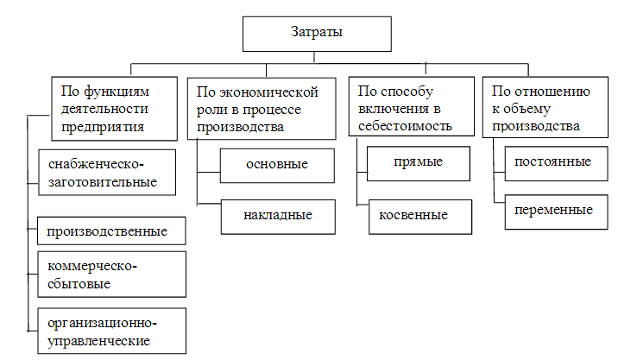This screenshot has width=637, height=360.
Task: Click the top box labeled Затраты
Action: (x=317, y=34)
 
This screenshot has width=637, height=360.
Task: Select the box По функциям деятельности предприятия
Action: (x=115, y=109)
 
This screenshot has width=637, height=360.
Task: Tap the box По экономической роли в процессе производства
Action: (x=262, y=109)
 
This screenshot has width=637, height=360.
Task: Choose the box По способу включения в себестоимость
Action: (x=412, y=106)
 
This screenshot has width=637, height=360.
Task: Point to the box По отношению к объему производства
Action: (x=546, y=107)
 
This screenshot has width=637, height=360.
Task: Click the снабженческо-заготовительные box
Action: (x=107, y=173)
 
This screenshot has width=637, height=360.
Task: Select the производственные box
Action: (x=111, y=231)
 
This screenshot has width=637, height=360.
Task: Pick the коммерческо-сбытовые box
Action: (x=111, y=275)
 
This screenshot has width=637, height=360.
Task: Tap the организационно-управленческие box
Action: (x=111, y=331)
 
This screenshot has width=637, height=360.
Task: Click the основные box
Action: (x=277, y=166)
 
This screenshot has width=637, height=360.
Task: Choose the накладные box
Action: (x=278, y=217)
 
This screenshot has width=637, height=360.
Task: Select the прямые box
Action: (x=419, y=163)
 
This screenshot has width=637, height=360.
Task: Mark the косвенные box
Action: (x=420, y=217)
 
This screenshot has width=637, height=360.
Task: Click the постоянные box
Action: (x=556, y=163)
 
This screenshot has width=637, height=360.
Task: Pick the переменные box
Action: (x=556, y=212)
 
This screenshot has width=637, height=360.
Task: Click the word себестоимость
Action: (x=405, y=126)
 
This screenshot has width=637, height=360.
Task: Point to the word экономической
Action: (x=269, y=92)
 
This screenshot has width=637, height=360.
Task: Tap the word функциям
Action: (x=117, y=92)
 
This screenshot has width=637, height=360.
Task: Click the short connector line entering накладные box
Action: (x=209, y=203)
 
